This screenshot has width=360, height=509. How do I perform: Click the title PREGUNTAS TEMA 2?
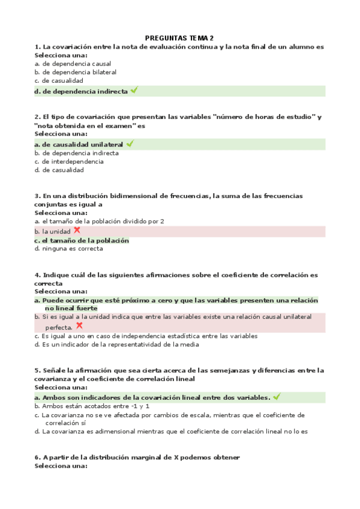click(x=179, y=37)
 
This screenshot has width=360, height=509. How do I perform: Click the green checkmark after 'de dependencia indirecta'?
click(x=134, y=91)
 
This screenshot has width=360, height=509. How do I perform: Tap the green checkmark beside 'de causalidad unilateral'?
click(x=130, y=144)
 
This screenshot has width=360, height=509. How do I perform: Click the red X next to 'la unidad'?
click(x=77, y=230)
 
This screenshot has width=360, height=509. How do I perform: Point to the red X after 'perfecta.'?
click(x=79, y=326)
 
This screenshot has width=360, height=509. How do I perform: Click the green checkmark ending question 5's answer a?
click(x=276, y=397)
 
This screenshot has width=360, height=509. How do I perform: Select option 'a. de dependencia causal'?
click(x=73, y=64)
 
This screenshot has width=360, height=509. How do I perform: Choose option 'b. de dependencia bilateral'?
click(x=75, y=72)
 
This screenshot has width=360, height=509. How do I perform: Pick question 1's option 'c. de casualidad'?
click(x=59, y=80)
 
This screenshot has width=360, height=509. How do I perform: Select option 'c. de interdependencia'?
click(x=69, y=161)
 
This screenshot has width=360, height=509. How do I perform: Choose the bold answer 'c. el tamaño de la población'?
click(x=82, y=240)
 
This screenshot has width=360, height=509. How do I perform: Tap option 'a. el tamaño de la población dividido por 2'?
click(x=99, y=221)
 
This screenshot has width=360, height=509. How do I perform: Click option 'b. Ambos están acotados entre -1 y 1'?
click(x=92, y=406)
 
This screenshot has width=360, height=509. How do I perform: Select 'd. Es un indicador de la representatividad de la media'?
click(x=116, y=345)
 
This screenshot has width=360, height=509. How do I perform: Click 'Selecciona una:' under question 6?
click(x=61, y=466)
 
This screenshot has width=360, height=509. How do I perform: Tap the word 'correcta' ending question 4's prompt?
click(x=49, y=283)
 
